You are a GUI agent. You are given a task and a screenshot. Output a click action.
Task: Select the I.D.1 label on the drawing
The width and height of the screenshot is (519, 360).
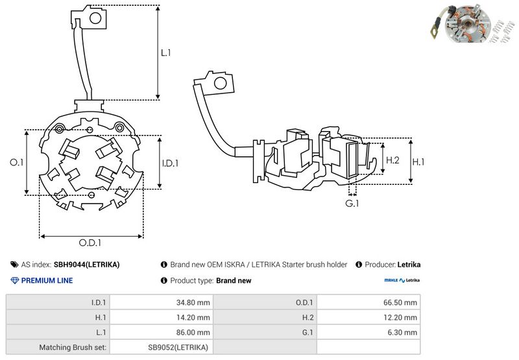[169, 163]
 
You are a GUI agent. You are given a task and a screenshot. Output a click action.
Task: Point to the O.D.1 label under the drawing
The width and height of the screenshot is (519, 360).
[90, 243]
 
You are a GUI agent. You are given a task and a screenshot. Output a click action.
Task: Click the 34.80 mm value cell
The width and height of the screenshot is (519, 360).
[192, 302]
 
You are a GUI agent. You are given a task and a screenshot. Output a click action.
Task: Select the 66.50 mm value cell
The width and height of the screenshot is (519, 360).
[400, 302]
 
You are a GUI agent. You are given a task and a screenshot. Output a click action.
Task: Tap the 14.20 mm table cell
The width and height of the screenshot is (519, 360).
[192, 317]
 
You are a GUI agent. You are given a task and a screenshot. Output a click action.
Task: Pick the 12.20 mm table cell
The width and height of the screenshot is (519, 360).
[400, 317]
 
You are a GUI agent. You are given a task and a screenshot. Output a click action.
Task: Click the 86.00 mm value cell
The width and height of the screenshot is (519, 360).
[192, 332]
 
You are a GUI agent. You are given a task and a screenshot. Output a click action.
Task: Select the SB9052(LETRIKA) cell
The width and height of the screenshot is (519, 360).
[178, 347]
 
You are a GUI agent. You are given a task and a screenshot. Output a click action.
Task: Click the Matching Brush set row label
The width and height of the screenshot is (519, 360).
[73, 347]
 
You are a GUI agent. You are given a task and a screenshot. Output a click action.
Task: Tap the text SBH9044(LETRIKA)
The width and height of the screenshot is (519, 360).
[86, 265]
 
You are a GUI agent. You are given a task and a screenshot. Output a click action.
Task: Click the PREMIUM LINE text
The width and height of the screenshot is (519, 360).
[47, 281]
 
